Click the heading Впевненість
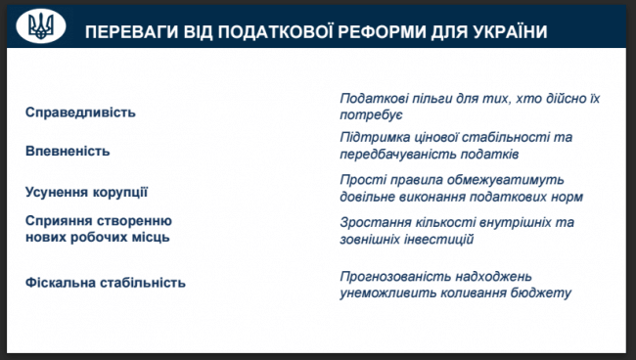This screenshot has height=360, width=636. [x=68, y=152]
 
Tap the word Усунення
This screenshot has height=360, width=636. [x=57, y=192]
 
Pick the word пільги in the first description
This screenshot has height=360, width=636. [x=434, y=100]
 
